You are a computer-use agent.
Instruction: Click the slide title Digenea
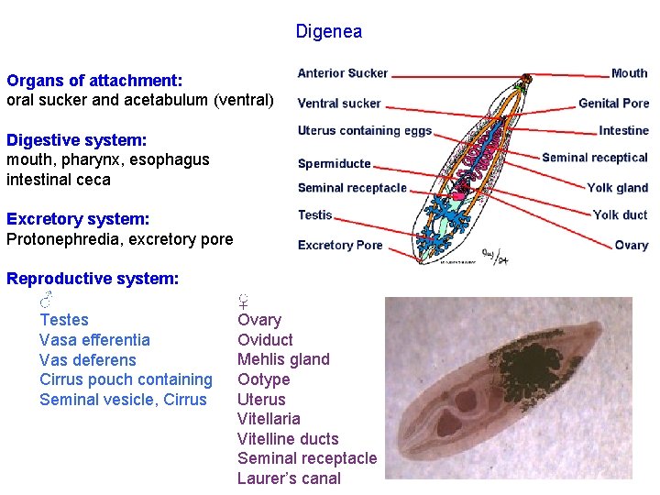point(328,32)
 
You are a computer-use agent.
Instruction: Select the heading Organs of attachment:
point(94,81)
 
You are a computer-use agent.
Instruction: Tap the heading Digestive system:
point(77,140)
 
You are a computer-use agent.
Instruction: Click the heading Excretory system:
point(78,220)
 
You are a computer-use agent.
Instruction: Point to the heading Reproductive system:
point(93,279)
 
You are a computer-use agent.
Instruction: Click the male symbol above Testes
point(48,300)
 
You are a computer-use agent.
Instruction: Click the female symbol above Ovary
point(245,300)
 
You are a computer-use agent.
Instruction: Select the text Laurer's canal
point(289,478)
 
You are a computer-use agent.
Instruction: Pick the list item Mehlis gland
point(283,359)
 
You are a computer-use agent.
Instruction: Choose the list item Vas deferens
point(87,360)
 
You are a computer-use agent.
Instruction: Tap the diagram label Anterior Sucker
point(343,73)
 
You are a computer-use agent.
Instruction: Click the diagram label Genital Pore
point(613,104)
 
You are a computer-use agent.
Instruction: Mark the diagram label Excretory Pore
point(340,245)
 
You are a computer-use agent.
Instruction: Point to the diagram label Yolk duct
point(620,215)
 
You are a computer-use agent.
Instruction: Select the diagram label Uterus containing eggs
point(365,131)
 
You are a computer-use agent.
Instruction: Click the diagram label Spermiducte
point(335,164)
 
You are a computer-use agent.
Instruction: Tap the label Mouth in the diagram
point(629,73)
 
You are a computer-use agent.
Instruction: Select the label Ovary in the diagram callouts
point(631,246)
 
